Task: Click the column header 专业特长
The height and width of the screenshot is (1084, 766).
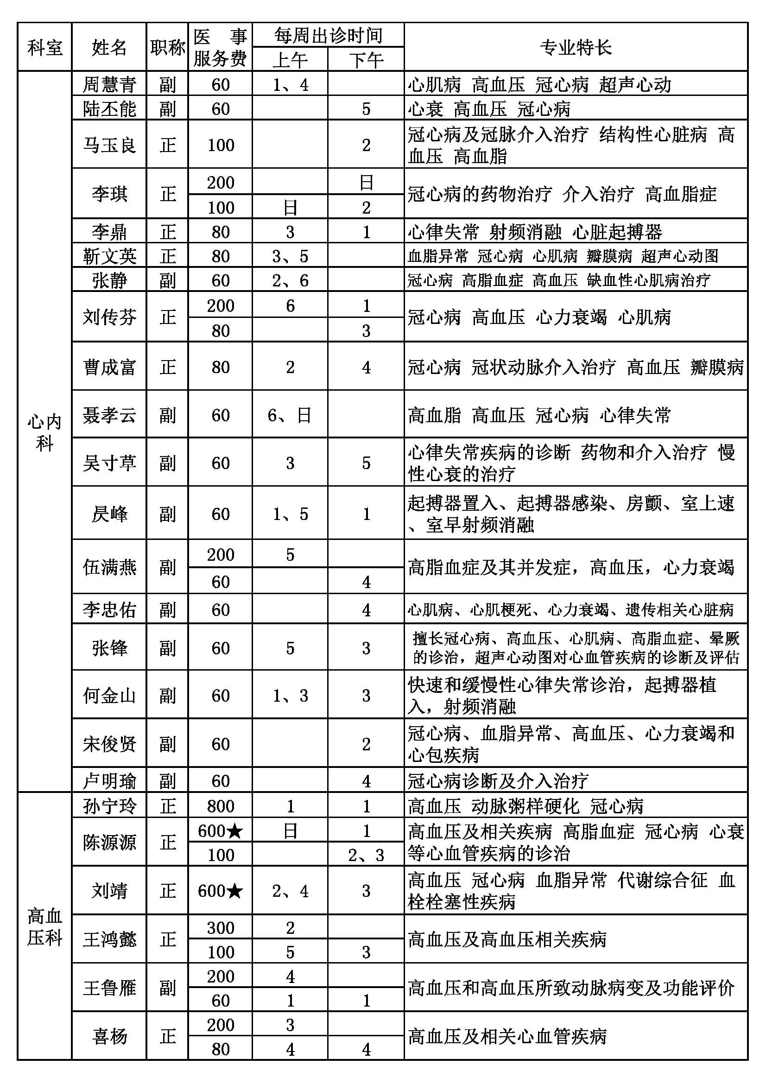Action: click(576, 47)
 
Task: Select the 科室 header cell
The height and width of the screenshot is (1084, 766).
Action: click(45, 47)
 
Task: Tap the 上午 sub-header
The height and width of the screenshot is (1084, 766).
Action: click(290, 60)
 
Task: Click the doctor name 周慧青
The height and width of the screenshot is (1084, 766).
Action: click(109, 84)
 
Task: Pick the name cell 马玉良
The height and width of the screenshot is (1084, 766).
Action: click(109, 145)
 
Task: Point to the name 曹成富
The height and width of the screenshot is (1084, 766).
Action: click(109, 367)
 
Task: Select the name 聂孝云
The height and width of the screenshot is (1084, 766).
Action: click(109, 415)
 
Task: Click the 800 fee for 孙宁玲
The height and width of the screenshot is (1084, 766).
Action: click(221, 806)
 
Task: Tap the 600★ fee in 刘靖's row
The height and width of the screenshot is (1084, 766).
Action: click(221, 891)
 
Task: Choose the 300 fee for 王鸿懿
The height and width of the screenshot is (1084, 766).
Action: click(221, 928)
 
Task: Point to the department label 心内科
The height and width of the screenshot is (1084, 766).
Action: click(45, 432)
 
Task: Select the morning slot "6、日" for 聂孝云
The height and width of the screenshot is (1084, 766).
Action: click(290, 415)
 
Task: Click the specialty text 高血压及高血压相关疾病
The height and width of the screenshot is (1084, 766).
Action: click(507, 939)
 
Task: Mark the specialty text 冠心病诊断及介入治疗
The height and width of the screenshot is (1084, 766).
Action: click(498, 781)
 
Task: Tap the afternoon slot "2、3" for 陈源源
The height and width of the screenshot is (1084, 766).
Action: click(366, 855)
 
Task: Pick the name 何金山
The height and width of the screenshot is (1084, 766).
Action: click(109, 696)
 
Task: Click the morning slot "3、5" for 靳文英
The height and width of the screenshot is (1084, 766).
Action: click(290, 256)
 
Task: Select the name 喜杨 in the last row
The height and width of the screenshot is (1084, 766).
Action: click(109, 1037)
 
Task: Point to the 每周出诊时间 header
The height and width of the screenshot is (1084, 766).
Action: click(328, 35)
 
